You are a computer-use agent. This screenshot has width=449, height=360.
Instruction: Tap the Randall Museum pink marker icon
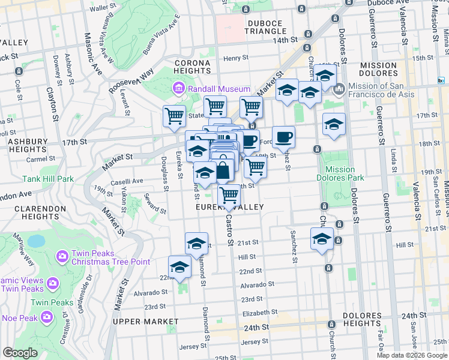point(178,89)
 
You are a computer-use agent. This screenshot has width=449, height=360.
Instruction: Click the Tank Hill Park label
point(48,179)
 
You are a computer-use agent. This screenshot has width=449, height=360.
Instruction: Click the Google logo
point(20,353)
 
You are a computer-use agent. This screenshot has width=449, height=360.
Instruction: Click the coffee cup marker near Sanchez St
point(283,137)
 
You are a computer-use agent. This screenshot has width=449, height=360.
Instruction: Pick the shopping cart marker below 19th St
point(229,196)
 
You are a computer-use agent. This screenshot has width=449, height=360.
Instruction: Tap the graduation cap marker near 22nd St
point(179,267)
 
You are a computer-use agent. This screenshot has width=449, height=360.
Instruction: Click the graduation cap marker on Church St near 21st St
point(322,239)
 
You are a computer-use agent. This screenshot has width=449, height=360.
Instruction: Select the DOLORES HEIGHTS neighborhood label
point(362,319)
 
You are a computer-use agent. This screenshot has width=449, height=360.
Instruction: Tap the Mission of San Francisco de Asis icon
point(339,89)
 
